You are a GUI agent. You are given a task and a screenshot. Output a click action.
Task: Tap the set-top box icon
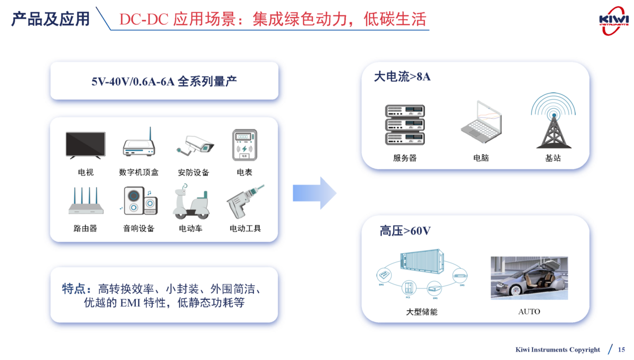coord(138,144)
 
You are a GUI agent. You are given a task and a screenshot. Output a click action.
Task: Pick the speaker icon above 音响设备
coord(139,201)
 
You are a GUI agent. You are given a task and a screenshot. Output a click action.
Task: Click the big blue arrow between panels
coord(314,193)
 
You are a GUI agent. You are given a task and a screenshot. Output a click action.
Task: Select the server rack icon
coord(405,125)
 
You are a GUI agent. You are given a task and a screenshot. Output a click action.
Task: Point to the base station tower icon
coord(553,121)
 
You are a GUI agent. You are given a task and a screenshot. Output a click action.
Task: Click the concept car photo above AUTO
coord(529,278)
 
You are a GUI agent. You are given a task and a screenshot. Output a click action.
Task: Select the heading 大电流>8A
coord(402,77)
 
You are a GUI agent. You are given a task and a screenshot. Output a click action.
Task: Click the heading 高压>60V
coord(405,231)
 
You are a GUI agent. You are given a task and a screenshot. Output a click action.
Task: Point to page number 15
coord(621,349)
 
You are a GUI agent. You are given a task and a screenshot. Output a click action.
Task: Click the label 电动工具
coord(245,229)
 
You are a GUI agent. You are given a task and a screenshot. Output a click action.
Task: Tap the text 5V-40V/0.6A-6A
coord(133,81)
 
